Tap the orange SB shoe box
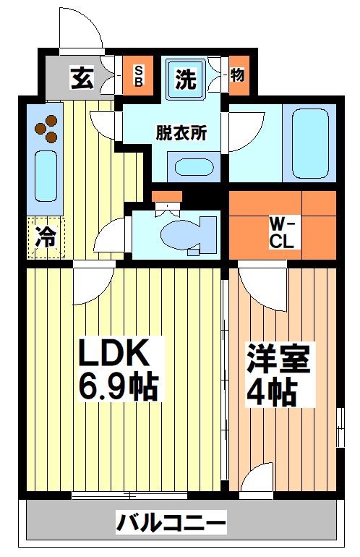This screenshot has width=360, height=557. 139,76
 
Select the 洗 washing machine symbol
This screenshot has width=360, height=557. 187,79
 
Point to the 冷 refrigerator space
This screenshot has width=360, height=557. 46,237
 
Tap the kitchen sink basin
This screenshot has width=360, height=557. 46,177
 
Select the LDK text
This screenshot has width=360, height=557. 113,354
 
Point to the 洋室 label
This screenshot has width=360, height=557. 278,360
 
